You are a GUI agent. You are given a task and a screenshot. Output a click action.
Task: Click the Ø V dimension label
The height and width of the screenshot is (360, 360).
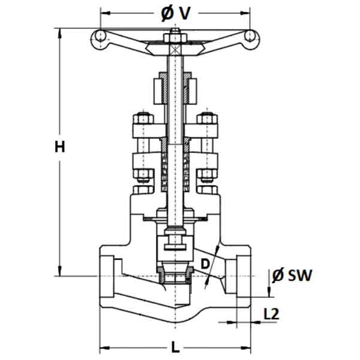coord(176,13)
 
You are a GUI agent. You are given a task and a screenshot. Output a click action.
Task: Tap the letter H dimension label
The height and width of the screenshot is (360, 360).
coord(59,147)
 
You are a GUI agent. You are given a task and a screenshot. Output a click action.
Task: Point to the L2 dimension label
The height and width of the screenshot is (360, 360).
coord(271,314)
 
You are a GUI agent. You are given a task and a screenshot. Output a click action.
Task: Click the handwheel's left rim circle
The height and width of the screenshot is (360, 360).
coord(100,36)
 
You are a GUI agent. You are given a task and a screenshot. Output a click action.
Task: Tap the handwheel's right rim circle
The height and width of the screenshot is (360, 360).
coord(250,36)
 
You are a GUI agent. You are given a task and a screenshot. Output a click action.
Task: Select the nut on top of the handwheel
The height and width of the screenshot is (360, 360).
coord(175,38)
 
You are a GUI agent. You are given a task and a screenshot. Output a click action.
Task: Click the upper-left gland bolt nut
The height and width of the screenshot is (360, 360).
coord(143,118)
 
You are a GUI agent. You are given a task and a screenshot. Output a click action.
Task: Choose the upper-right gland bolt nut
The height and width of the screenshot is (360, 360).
coord(207,118)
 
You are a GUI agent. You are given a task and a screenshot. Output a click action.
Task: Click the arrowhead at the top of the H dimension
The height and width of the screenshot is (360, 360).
coord(60,33)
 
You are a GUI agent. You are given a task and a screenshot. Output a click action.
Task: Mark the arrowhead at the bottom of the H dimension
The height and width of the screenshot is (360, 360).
coord(60,271)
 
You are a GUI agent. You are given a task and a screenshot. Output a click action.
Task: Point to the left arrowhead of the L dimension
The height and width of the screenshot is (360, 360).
coord(104,348)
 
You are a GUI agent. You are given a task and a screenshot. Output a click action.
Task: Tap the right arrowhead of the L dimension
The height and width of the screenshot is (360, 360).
coord(246,348)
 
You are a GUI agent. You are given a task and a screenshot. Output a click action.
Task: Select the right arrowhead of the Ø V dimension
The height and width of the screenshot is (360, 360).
coord(245,13)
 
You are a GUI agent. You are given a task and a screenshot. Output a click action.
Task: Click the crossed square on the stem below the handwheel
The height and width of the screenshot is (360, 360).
coord(175,49)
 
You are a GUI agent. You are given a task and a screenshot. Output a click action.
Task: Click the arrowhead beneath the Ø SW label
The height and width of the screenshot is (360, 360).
coord(269,292)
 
